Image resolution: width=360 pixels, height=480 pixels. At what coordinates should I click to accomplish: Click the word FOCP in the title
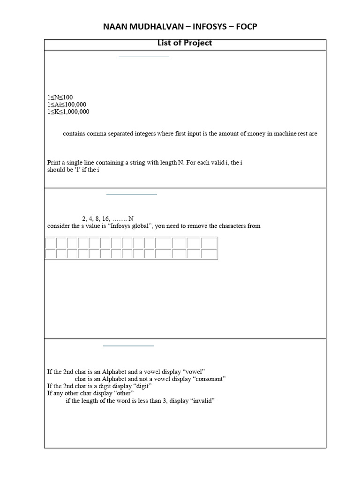[245, 27]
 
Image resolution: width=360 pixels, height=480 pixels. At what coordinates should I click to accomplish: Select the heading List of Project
[185, 43]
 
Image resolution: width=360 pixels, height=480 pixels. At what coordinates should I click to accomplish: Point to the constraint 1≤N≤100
[60, 97]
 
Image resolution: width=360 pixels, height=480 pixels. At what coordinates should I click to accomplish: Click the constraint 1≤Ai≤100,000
[67, 105]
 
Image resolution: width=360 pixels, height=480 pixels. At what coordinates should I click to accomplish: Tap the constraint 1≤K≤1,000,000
[68, 112]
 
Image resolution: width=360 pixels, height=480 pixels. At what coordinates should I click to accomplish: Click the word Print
[55, 163]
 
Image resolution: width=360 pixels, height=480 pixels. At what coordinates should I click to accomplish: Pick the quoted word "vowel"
[196, 372]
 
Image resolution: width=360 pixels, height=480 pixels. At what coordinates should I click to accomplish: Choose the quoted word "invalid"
[202, 401]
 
